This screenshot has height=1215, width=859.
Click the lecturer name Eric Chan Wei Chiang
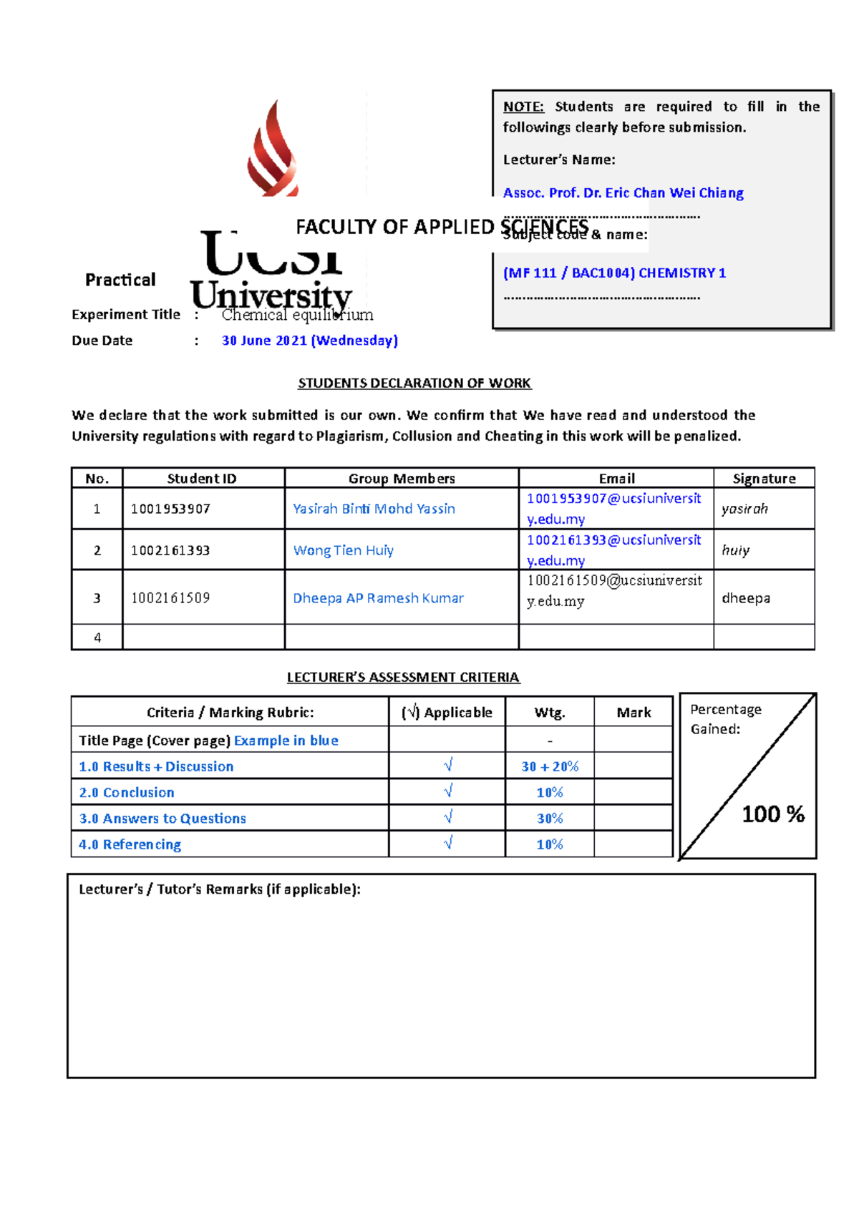click(623, 193)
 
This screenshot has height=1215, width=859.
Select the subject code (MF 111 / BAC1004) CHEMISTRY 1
click(614, 273)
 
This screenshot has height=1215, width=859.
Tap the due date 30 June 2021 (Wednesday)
click(309, 341)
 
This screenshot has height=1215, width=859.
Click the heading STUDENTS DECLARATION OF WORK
click(414, 384)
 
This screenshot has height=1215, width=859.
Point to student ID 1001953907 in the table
click(170, 509)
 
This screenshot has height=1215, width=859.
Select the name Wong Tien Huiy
click(344, 550)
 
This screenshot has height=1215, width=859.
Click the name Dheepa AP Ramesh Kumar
click(378, 598)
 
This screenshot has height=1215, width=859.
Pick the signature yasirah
click(744, 509)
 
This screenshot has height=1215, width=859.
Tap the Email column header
click(616, 479)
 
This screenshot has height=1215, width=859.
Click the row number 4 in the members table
click(97, 638)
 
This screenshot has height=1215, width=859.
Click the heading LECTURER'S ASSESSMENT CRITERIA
click(403, 678)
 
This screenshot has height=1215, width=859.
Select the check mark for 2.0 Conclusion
click(448, 791)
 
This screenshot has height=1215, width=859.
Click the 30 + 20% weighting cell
click(550, 766)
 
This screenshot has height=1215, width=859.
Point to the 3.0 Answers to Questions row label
click(162, 819)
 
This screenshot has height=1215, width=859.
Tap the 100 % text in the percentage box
click(772, 814)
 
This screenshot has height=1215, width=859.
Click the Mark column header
click(634, 713)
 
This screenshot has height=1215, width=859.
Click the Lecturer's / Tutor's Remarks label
click(219, 889)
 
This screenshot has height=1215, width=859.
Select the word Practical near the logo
click(120, 280)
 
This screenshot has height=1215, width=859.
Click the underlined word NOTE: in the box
click(523, 107)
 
